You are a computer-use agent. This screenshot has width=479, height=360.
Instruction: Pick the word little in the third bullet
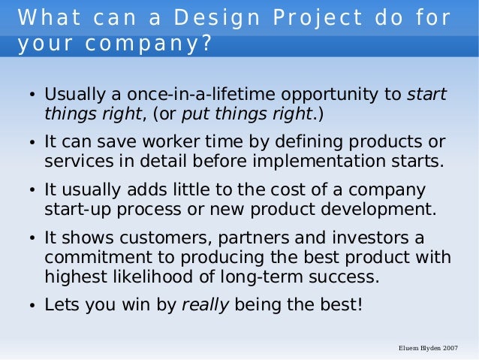pos(171,189)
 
